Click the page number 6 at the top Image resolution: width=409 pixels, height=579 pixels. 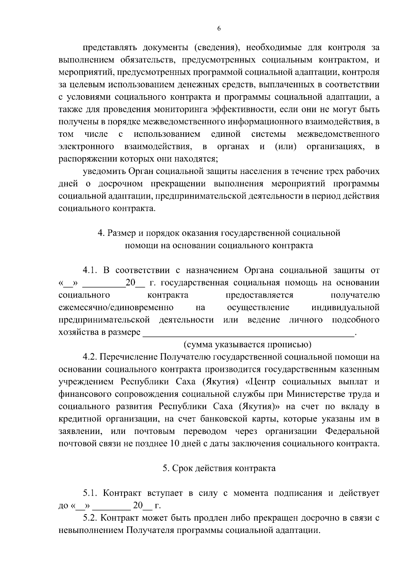(219, 29)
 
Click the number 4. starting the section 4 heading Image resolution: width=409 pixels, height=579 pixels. (101, 233)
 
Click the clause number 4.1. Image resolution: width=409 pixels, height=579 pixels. (90, 271)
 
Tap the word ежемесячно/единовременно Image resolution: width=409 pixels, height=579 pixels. (116, 308)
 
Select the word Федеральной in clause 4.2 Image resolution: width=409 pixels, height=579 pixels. (352, 431)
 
